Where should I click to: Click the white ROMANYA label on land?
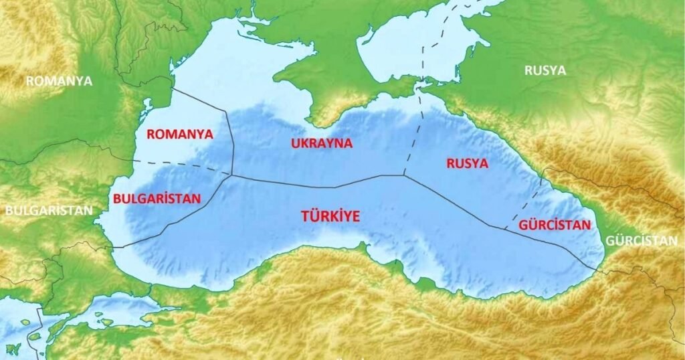pos(59,81)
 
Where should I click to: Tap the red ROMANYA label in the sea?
pos(179,134)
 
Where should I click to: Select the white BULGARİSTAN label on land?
pos(48,210)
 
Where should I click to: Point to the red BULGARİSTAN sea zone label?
pos(157,199)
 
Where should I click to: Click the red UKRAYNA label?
pos(322,143)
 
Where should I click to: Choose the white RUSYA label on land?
pos(545,70)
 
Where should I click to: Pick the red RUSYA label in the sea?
pos(468,163)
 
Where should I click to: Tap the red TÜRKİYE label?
pos(330,216)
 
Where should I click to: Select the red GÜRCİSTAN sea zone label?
pos(555,225)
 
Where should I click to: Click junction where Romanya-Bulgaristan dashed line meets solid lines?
pos(231,175)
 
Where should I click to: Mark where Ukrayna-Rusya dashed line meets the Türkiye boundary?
pos(403,176)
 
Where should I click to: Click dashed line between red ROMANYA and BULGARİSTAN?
pos(181,167)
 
